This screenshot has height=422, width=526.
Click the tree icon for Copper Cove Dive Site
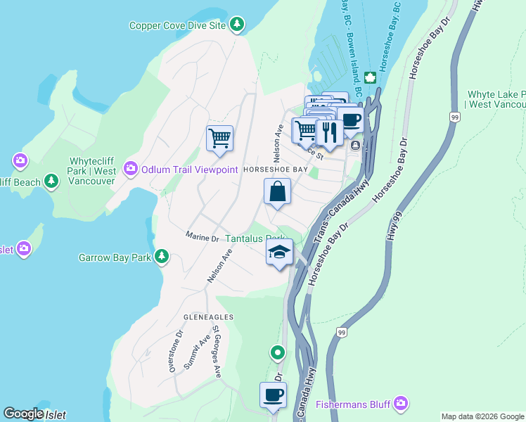[238, 25]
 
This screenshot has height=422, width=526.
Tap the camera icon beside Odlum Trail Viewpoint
[130, 169]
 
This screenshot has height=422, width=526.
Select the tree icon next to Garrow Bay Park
[162, 257]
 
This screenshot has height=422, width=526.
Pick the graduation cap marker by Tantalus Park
[279, 252]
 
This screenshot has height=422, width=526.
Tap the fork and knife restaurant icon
[328, 130]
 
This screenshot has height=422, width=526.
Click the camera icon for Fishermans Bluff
[401, 403]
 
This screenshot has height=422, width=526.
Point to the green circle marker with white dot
[278, 352]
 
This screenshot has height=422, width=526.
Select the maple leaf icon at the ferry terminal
[370, 76]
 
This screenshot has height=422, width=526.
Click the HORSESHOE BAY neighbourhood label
[275, 170]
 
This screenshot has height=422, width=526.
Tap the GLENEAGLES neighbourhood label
[209, 317]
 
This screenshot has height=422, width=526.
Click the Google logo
[23, 414]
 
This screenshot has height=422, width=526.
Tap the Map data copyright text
[482, 416]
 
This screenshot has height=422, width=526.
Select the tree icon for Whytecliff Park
[51, 181]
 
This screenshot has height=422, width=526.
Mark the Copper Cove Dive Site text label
[177, 25]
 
